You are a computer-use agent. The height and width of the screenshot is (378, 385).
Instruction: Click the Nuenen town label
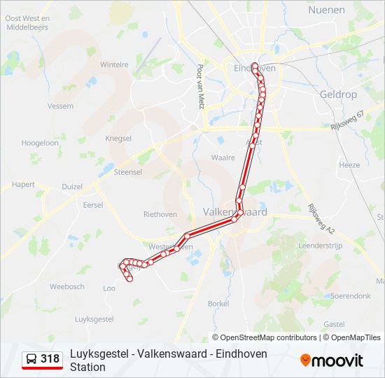click(x=326, y=10)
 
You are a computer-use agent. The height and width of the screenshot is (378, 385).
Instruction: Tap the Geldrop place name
click(x=338, y=94)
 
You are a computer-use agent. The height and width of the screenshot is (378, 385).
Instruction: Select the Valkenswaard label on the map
click(x=234, y=211)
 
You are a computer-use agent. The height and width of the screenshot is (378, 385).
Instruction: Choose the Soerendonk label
click(x=351, y=296)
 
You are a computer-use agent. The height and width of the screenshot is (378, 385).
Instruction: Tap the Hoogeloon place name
click(x=40, y=142)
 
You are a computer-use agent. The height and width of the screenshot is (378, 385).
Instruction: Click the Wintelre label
click(x=114, y=64)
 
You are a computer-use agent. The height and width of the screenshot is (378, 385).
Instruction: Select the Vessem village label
click(x=60, y=106)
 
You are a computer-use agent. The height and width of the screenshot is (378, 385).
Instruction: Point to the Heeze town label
click(x=349, y=165)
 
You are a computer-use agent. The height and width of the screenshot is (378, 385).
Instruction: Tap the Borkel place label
click(x=218, y=303)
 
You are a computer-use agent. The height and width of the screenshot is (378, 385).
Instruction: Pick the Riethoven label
click(x=160, y=214)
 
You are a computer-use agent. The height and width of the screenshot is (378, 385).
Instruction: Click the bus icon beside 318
click(x=31, y=359)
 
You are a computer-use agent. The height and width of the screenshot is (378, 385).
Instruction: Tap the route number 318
click(x=50, y=359)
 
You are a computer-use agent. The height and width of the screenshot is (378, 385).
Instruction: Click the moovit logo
click(x=332, y=360)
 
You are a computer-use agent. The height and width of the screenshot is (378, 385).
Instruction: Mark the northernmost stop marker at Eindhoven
click(x=255, y=66)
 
